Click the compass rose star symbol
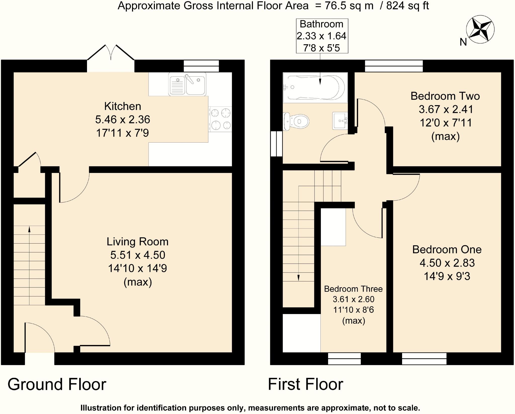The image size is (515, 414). (x=480, y=30)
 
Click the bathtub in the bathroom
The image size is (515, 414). (x=315, y=87)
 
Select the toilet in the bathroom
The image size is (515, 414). (x=295, y=122)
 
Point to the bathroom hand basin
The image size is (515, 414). (x=340, y=121)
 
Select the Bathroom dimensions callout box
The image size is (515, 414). (x=322, y=36)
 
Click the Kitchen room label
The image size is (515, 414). (x=122, y=106)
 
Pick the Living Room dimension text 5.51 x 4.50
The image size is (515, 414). (x=138, y=255)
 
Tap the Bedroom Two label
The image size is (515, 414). (x=445, y=96)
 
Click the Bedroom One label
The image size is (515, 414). (x=447, y=250)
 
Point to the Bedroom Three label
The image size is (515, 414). (x=353, y=289)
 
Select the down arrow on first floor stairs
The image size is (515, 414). (x=298, y=278)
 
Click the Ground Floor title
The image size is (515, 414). (x=57, y=384)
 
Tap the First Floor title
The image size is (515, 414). (x=305, y=384)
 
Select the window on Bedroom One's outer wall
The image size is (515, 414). (x=424, y=359)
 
